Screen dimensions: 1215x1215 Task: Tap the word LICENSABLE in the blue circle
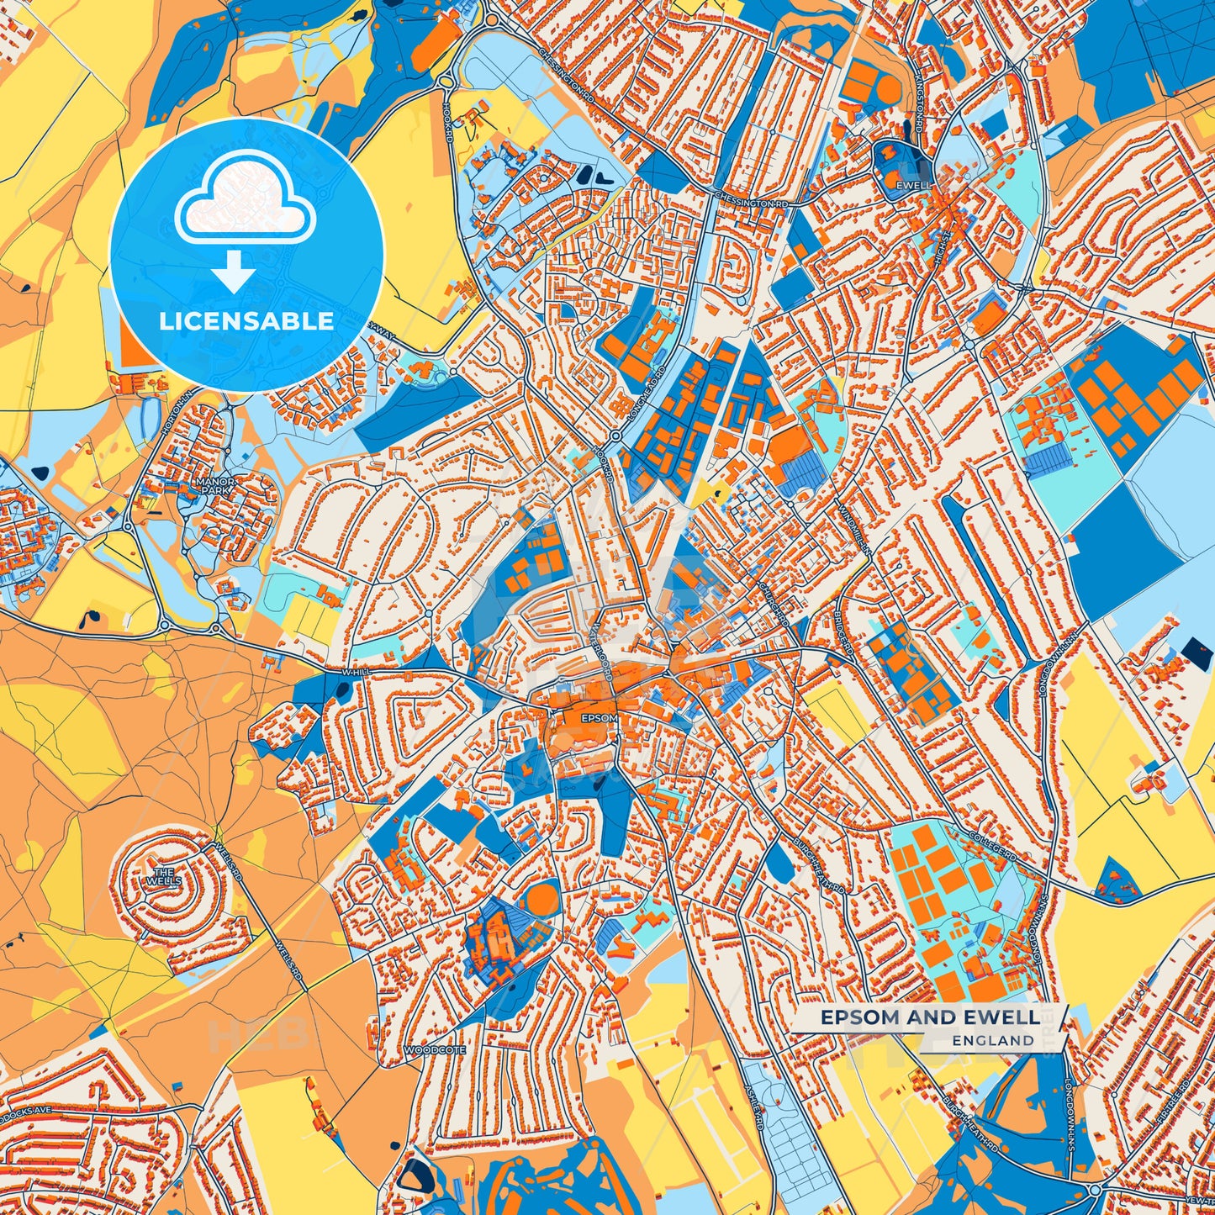[246, 321]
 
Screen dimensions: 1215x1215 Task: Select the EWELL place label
[914, 185]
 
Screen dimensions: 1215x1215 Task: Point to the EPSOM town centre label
[599, 719]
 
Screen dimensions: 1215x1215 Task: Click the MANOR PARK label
[214, 486]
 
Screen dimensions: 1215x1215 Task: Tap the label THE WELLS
[163, 877]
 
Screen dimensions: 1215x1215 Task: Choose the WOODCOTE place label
[435, 1051]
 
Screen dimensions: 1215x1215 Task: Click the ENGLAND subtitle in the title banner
[993, 1041]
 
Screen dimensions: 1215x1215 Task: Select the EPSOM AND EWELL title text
[929, 1017]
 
